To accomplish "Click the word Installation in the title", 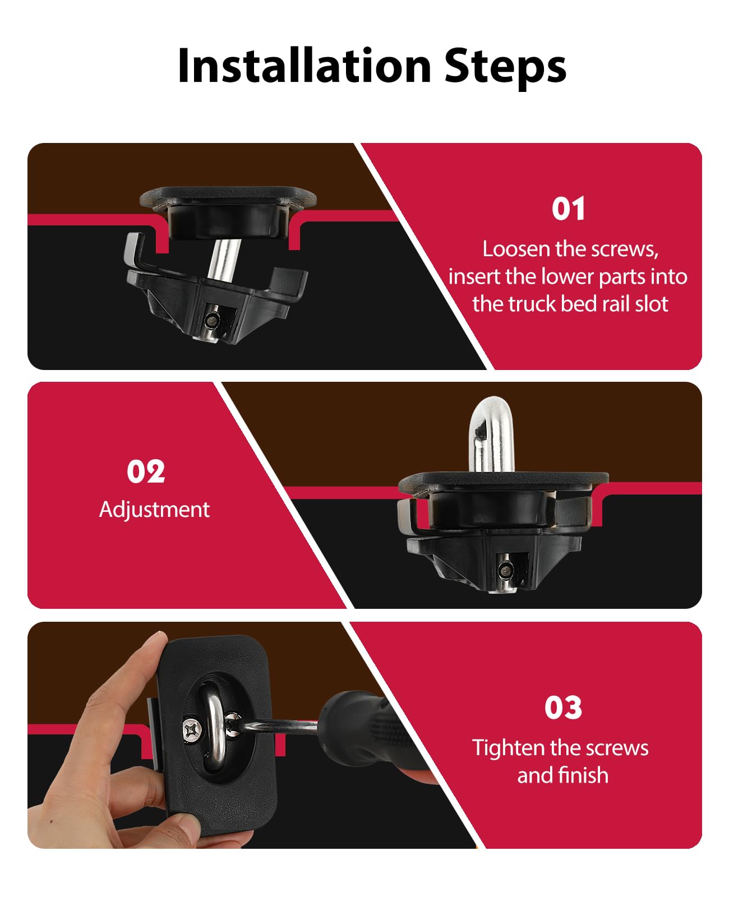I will [x=303, y=66].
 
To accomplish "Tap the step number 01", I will [x=568, y=209].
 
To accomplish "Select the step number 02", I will [x=146, y=471].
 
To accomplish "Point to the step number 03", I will [x=563, y=708].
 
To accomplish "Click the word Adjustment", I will [x=154, y=510].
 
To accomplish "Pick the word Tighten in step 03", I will [x=508, y=748].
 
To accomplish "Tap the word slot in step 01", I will [x=651, y=304].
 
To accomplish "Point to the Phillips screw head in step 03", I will [x=192, y=730].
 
